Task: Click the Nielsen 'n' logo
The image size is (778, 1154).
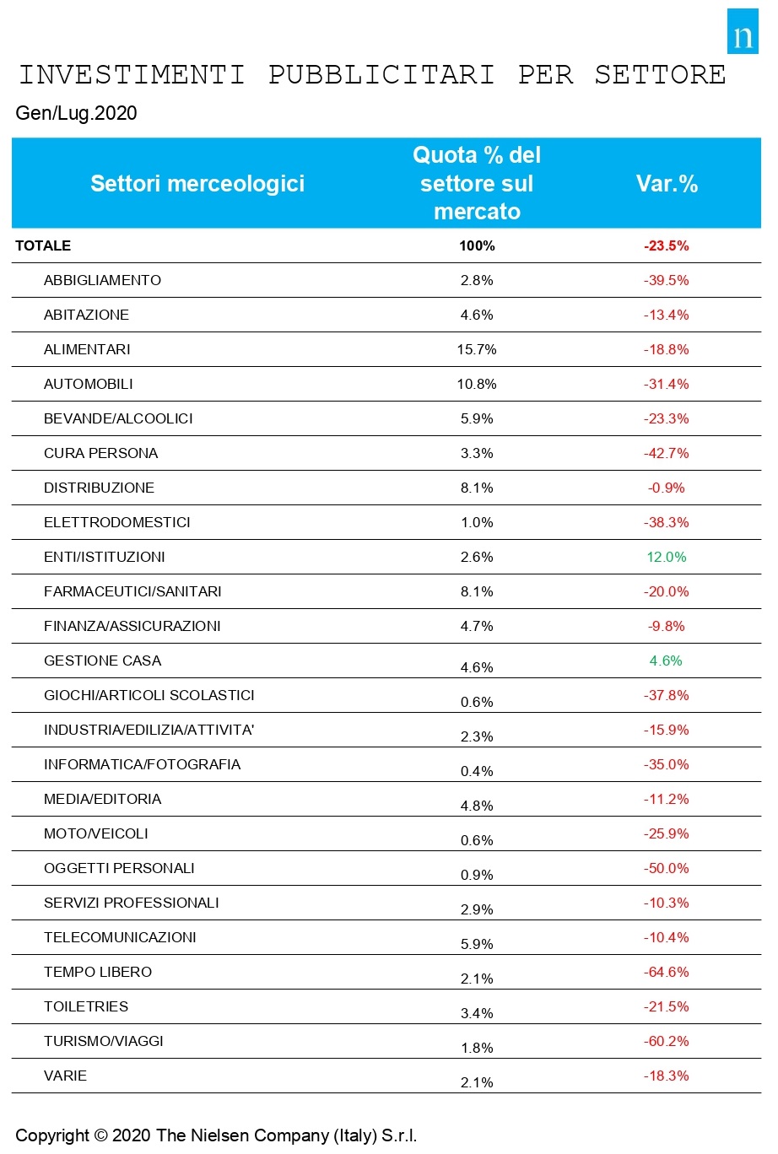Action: (x=743, y=31)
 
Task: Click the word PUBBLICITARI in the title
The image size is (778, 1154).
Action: (x=381, y=75)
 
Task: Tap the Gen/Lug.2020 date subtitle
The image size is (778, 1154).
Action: (x=76, y=113)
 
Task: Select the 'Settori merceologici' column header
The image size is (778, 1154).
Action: (x=197, y=183)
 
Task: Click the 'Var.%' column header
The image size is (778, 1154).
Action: (x=667, y=183)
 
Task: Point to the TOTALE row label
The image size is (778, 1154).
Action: (x=43, y=245)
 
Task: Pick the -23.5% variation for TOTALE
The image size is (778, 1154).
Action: (x=667, y=245)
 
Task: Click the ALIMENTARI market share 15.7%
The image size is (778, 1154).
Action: (x=477, y=350)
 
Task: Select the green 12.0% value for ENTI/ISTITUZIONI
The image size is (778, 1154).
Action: (x=667, y=557)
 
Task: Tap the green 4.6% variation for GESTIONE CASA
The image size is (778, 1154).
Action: (x=666, y=661)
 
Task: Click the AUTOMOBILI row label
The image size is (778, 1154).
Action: (x=88, y=385)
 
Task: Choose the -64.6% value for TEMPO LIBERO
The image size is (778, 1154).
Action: (x=667, y=972)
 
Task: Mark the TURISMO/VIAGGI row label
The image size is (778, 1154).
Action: (x=104, y=1041)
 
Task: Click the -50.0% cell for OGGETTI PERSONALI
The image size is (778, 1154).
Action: (x=667, y=868)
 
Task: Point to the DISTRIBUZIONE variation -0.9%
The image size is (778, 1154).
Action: (x=667, y=488)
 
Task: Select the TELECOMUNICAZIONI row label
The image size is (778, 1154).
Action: (x=120, y=937)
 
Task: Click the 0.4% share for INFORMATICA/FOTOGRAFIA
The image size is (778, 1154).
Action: (x=477, y=771)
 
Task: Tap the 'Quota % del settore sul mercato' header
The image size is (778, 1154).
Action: (x=477, y=183)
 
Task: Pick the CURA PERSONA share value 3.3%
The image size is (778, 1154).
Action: (x=477, y=453)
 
